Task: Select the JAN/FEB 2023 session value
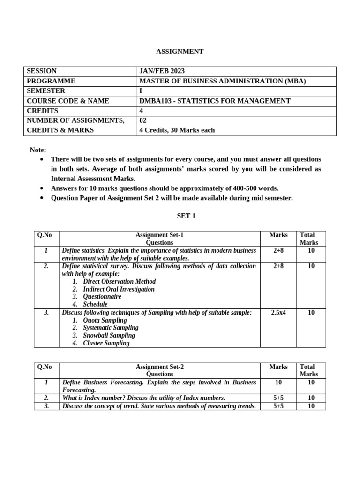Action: [x=162, y=71]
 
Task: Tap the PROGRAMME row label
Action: [x=51, y=81]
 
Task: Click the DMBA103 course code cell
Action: [x=215, y=101]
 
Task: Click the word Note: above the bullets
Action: [x=38, y=150]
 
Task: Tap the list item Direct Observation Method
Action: [x=119, y=282]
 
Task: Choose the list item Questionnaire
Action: [x=102, y=297]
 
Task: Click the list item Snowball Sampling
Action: [x=109, y=336]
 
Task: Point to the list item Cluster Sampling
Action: [x=106, y=343]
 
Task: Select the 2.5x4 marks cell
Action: [x=278, y=313]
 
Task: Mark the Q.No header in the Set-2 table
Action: [x=45, y=367]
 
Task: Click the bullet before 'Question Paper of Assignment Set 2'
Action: [x=42, y=198]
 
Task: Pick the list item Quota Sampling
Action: [x=105, y=320]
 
